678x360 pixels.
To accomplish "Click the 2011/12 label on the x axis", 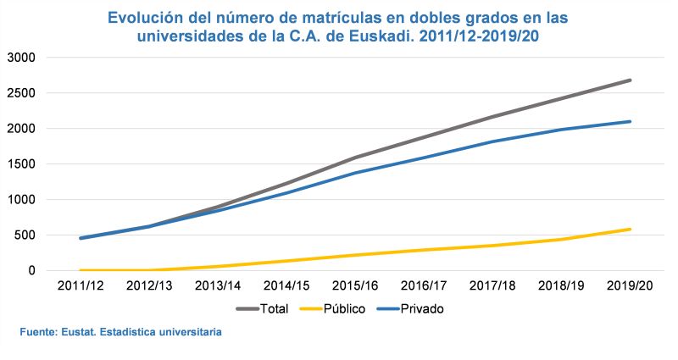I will (81, 286).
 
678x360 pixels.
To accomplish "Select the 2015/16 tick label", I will (355, 286).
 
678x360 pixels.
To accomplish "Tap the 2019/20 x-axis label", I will (630, 286).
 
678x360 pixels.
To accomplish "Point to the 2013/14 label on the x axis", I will (218, 286).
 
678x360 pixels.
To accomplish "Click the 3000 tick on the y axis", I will (20, 58).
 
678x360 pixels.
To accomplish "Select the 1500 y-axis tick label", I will (20, 164).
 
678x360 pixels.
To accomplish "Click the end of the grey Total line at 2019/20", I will (630, 80).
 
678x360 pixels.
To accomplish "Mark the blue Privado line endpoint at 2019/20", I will (630, 121).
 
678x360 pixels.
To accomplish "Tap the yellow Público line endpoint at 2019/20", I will (630, 229).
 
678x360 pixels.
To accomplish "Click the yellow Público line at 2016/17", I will (424, 250).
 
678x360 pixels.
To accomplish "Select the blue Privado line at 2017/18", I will (492, 141).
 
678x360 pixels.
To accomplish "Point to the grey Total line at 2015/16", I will (355, 158).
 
